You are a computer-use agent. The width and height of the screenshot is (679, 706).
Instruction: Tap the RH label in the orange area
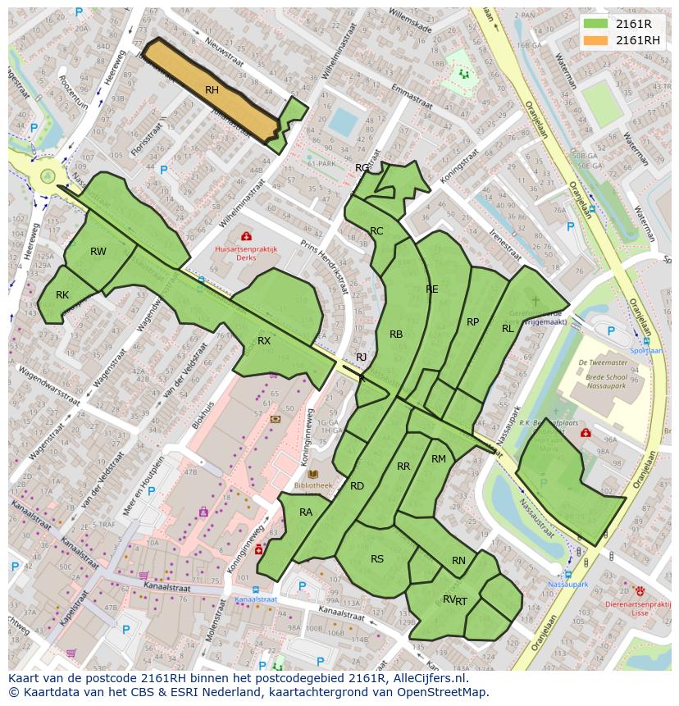coord(212,90)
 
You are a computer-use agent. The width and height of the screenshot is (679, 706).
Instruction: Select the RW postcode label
coord(98,252)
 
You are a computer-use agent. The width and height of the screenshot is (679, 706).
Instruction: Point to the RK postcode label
coord(62,295)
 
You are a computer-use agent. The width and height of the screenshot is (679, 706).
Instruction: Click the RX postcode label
coord(264,341)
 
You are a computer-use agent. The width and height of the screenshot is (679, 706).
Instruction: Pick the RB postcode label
coord(396,335)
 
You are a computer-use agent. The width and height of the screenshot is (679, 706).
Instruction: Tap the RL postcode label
coord(508,329)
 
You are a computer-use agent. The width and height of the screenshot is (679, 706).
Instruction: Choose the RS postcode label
coord(377,560)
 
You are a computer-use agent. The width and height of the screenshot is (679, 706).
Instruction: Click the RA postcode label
coord(306,513)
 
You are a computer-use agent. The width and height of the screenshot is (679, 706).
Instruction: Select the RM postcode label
coord(439,459)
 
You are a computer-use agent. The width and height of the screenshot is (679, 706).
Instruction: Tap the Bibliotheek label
coord(312,485)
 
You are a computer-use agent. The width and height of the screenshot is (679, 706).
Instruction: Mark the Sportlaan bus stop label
coord(645,350)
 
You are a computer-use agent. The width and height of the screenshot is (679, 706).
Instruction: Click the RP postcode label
coord(472,322)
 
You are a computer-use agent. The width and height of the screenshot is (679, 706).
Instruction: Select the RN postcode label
coord(458,562)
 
